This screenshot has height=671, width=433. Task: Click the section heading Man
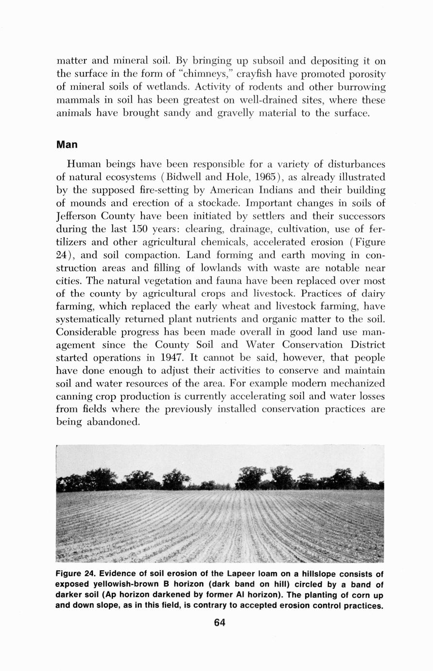tap(67, 145)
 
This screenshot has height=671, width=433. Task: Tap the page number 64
tap(220, 623)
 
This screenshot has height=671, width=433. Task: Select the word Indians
tap(267, 190)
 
